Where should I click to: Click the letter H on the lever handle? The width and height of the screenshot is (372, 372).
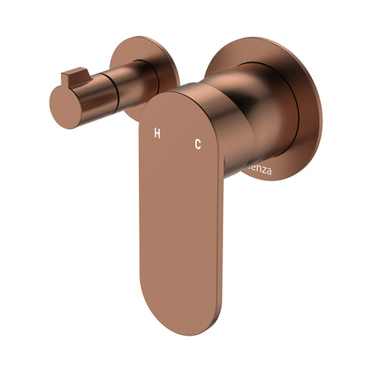pos(157,134)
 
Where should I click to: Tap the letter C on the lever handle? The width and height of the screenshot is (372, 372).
pos(198,143)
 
